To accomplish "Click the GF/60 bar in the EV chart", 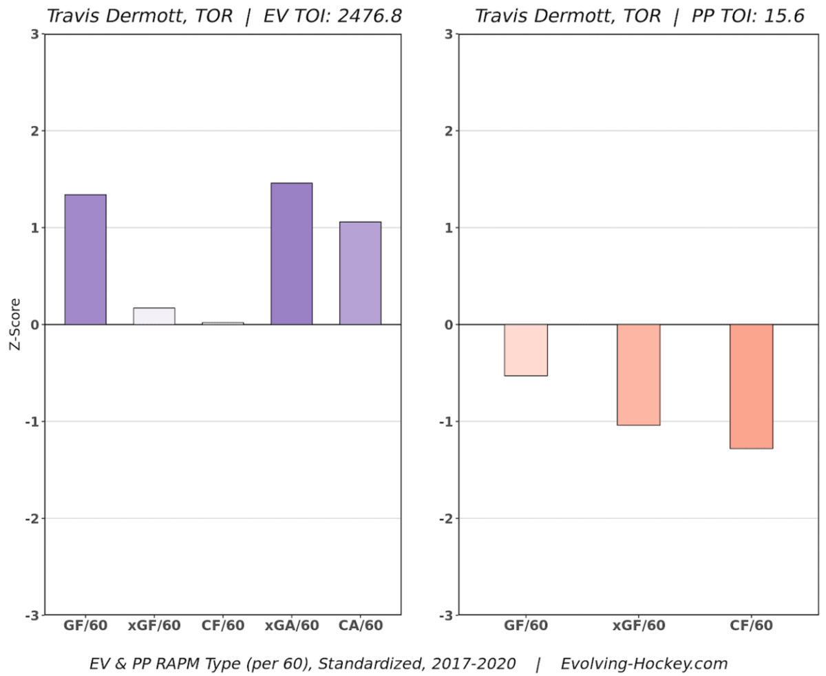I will pyautogui.click(x=85, y=259).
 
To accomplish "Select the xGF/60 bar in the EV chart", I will pyautogui.click(x=154, y=316).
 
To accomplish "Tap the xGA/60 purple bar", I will pyautogui.click(x=291, y=254).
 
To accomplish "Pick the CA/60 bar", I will pyautogui.click(x=360, y=273).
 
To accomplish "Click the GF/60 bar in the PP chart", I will pyautogui.click(x=526, y=350).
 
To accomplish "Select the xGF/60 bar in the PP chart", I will pyautogui.click(x=638, y=375).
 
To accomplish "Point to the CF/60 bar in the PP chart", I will pyautogui.click(x=751, y=387).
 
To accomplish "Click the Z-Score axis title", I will pyautogui.click(x=14, y=325).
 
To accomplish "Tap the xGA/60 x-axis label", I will pyautogui.click(x=291, y=626).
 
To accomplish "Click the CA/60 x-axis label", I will pyautogui.click(x=360, y=626).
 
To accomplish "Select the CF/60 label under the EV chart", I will pyautogui.click(x=223, y=626).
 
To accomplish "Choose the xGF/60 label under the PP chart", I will pyautogui.click(x=638, y=626).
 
